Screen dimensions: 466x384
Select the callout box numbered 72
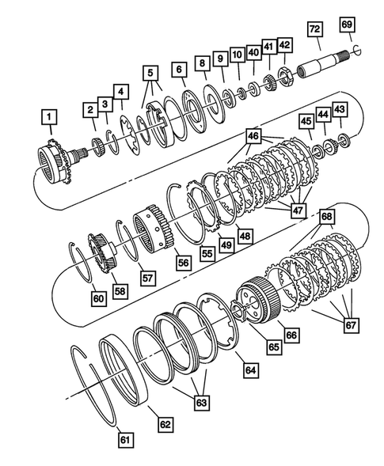[314, 29]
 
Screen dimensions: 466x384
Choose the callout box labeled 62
[165, 423]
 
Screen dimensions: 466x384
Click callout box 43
[339, 108]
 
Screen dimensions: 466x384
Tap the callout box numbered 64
[250, 369]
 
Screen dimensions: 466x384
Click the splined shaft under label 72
[321, 59]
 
